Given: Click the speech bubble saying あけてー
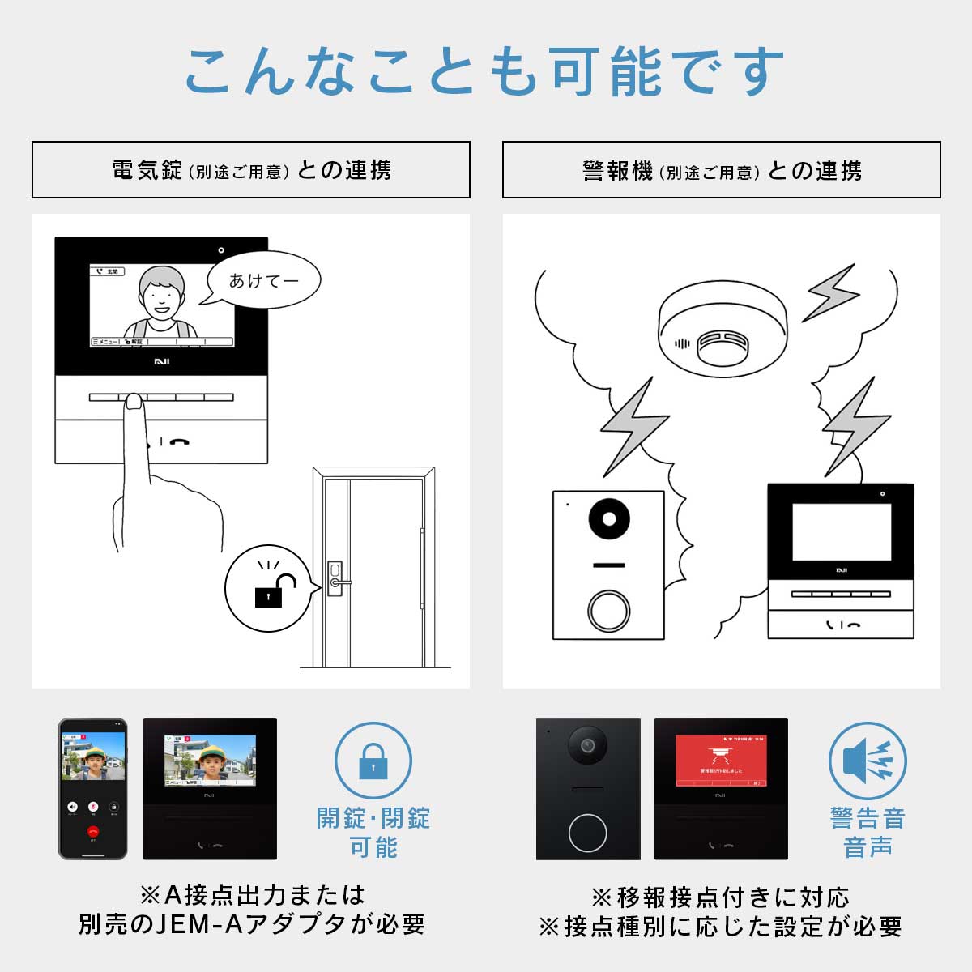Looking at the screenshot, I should pyautogui.click(x=264, y=280).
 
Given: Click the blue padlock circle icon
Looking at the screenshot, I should pyautogui.click(x=373, y=761).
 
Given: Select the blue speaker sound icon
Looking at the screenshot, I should pyautogui.click(x=867, y=761).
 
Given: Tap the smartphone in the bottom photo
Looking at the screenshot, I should pyautogui.click(x=92, y=788).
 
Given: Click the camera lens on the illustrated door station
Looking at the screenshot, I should pyautogui.click(x=608, y=519).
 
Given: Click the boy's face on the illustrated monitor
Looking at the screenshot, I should pyautogui.click(x=160, y=296).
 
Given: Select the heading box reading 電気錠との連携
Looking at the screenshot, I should pyautogui.click(x=251, y=170).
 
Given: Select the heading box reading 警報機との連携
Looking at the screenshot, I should pyautogui.click(x=721, y=170).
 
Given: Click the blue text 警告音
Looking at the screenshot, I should pyautogui.click(x=867, y=818).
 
